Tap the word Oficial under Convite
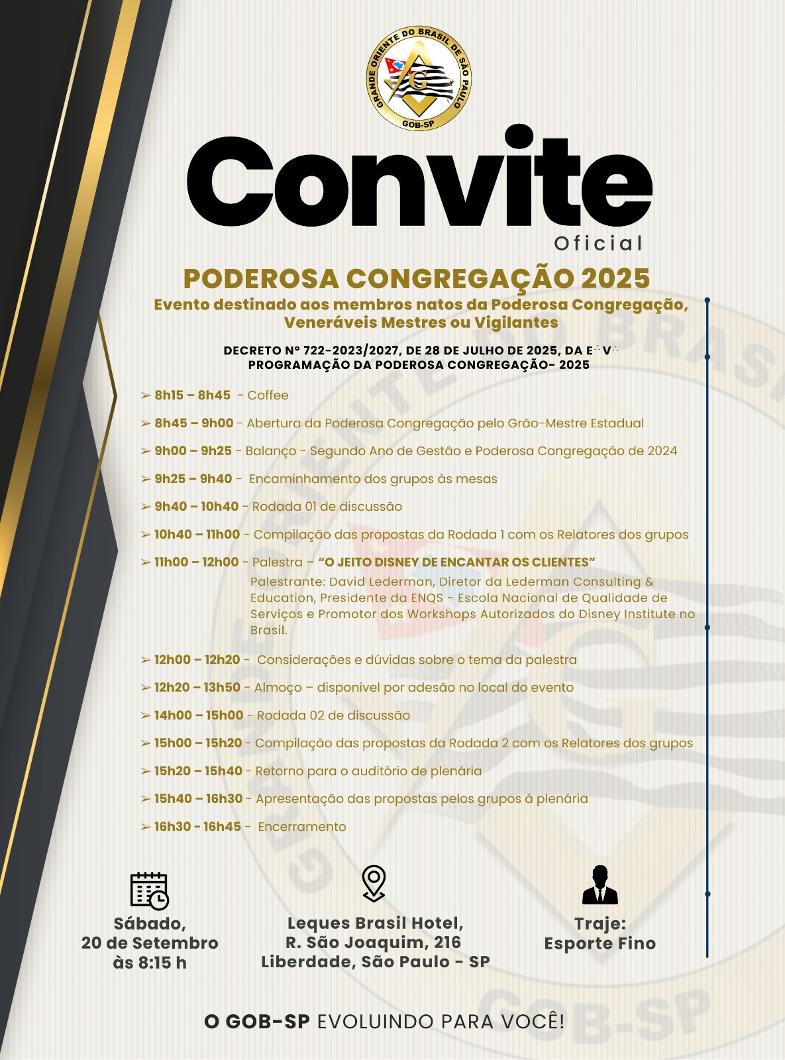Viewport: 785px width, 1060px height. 598,244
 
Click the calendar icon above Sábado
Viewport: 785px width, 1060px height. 150,890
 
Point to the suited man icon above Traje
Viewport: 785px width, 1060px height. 600,885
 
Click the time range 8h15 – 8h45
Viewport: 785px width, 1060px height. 192,396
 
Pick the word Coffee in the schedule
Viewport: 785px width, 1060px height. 268,396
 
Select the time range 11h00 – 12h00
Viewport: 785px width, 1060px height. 196,562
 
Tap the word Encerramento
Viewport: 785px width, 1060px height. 302,827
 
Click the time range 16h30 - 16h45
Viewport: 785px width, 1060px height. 197,827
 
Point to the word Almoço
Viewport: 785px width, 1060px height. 278,688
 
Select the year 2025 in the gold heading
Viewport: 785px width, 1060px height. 615,279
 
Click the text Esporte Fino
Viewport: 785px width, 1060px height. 600,943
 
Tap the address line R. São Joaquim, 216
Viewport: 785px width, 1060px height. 373,942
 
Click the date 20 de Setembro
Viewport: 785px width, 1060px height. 150,943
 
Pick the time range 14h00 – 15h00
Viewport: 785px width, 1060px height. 199,715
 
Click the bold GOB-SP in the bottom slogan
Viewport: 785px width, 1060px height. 257,1022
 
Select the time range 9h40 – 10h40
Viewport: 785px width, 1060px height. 196,507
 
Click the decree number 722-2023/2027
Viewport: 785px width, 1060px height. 351,350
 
